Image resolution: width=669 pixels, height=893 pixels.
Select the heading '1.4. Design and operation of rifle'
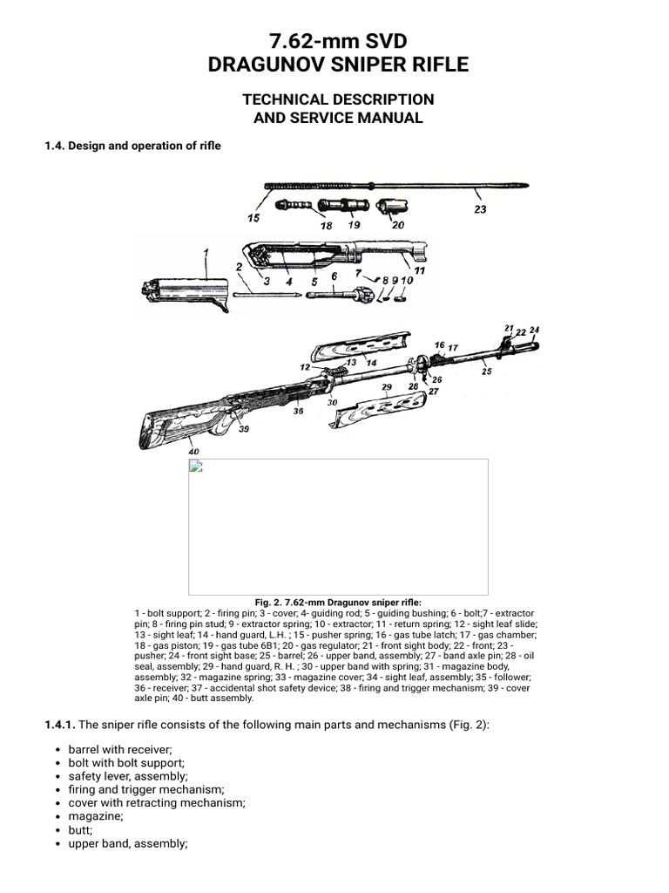132,146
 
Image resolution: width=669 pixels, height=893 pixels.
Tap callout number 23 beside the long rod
480,209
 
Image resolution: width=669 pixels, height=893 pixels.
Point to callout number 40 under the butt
193,452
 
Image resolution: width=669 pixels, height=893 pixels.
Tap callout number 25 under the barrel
486,372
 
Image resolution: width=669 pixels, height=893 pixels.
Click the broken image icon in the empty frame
197,467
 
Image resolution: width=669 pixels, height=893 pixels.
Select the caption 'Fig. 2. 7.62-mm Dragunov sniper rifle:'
338,602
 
